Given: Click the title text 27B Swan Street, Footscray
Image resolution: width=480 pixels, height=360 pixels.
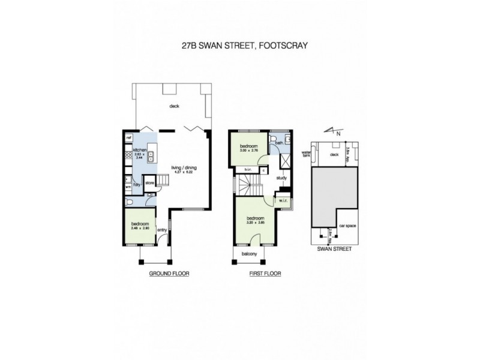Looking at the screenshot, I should point(241,44).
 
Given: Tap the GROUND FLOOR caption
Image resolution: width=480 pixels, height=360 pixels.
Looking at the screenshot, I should point(169,273).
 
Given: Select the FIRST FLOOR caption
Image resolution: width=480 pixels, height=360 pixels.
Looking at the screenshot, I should point(265,273).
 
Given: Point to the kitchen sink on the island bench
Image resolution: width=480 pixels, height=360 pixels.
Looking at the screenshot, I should point(150,155).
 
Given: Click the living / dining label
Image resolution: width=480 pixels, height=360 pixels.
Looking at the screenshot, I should point(184,167).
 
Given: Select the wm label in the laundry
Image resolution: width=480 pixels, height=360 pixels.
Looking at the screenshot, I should point(128,187).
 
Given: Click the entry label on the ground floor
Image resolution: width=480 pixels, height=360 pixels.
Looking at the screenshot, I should point(161,229).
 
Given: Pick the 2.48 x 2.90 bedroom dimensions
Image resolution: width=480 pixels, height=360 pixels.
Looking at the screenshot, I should point(139,227).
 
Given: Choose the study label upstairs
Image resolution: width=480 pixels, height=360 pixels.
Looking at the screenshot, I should point(282,178).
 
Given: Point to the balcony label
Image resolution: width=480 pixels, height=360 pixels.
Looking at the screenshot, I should point(249,254).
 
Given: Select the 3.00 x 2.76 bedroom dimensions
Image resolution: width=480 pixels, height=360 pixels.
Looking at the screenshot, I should point(249,151).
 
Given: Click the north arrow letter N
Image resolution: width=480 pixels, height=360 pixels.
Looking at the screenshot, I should point(338,134).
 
